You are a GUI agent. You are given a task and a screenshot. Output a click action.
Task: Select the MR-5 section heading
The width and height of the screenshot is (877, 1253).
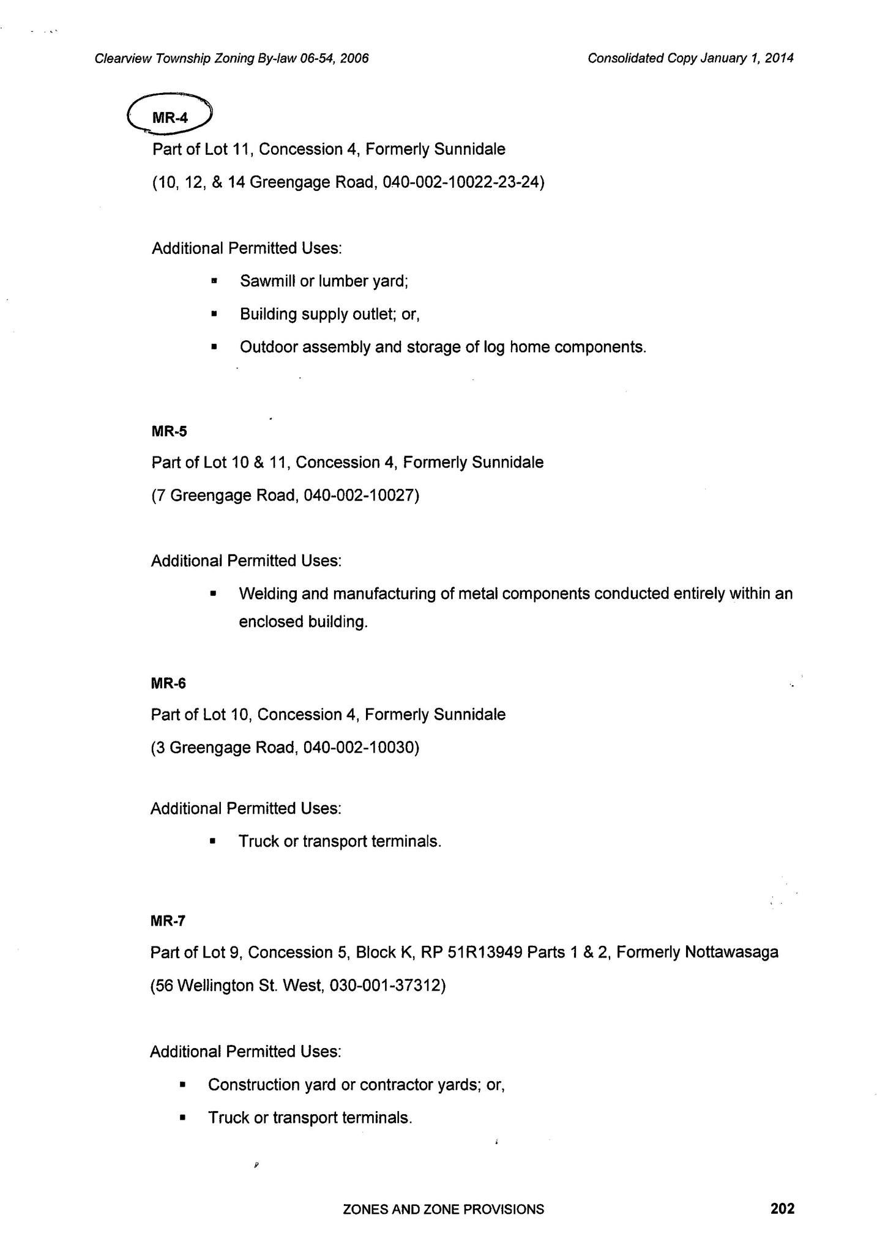[x=169, y=431]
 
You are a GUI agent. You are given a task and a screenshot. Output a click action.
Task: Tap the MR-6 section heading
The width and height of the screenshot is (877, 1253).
[x=168, y=683]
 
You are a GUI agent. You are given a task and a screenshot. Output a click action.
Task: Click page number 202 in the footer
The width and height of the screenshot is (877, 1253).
[x=782, y=1208]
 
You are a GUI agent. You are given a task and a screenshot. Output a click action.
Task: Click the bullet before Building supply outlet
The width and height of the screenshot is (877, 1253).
[x=214, y=314]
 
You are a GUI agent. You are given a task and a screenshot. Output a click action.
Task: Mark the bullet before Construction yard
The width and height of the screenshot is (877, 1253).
[x=182, y=1085]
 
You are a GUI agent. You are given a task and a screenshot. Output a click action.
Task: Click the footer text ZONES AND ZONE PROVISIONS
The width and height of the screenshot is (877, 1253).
[x=444, y=1209]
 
